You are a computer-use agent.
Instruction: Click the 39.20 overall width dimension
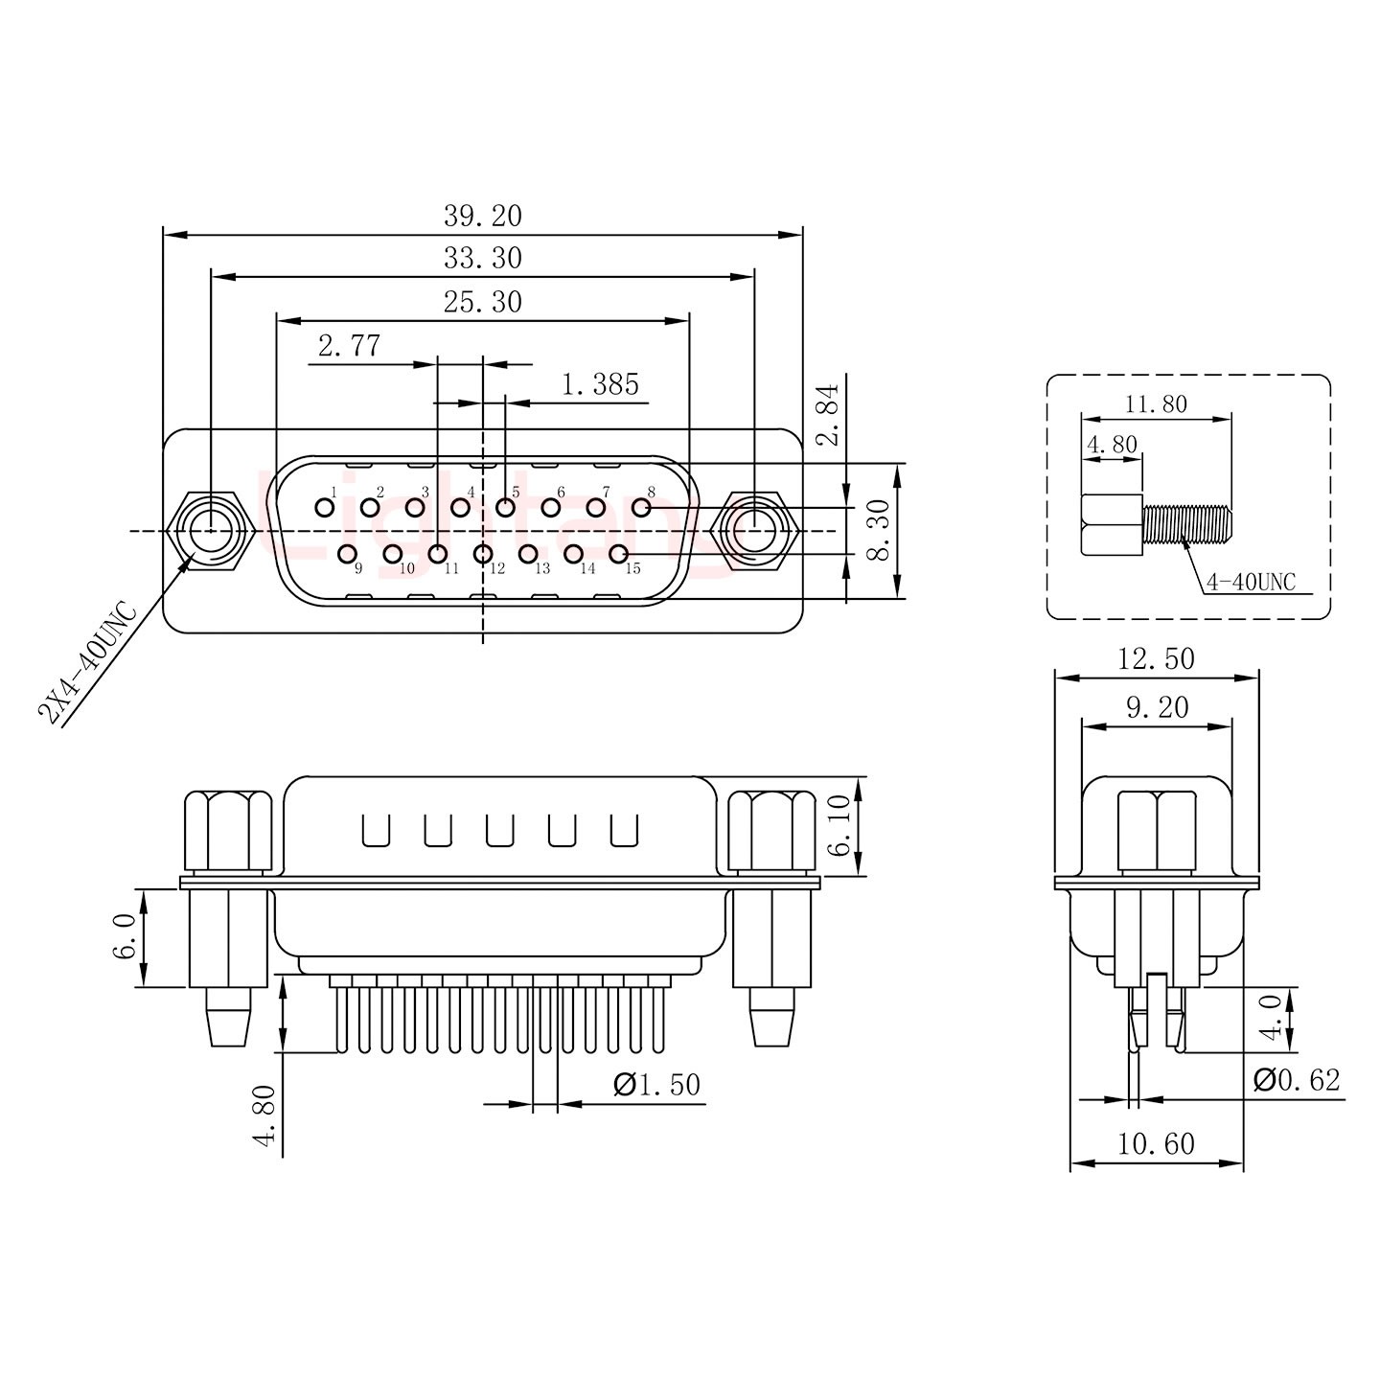point(482,217)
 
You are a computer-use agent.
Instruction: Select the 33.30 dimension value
point(482,259)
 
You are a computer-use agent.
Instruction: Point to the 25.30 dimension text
point(482,303)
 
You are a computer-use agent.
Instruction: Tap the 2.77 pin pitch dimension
point(349,346)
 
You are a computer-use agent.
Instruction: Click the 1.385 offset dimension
point(600,385)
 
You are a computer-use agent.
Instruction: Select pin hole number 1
point(324,506)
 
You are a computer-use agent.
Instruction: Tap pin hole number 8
point(642,506)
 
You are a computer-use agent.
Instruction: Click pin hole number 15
point(618,553)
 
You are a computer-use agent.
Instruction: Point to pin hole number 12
point(483,553)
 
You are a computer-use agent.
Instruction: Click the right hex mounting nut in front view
point(754,529)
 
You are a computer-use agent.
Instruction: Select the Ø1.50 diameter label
point(656,1086)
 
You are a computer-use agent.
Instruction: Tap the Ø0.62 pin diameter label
point(1296,1080)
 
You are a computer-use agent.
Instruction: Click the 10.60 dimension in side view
point(1156,1144)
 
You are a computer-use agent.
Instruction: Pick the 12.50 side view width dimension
point(1156,659)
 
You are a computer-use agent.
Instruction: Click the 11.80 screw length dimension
point(1156,404)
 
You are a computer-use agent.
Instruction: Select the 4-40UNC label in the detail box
point(1251,582)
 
